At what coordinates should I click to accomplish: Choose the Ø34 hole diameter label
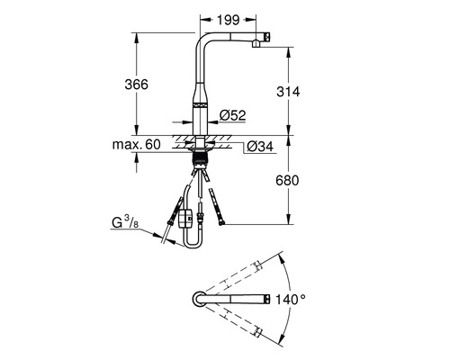pos(259,145)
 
